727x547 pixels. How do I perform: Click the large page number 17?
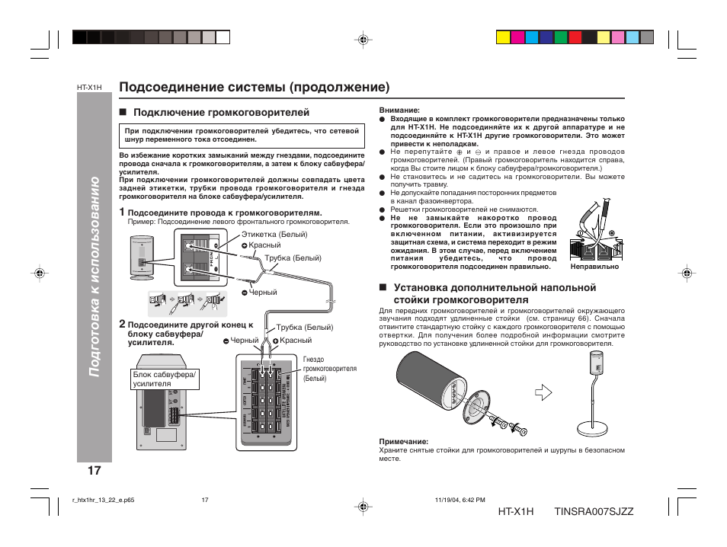pos(94,470)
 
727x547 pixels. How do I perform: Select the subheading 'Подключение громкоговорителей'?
pos(221,113)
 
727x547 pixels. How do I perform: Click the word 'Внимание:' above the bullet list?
pos(400,110)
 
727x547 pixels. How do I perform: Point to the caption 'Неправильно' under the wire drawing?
pos(594,267)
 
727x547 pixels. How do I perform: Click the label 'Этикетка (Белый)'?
pos(274,234)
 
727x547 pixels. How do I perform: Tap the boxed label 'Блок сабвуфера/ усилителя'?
pos(165,379)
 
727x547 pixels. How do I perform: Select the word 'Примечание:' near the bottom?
pos(403,441)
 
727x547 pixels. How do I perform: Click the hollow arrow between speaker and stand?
pos(542,393)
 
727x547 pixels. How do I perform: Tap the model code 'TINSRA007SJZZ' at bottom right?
pos(594,510)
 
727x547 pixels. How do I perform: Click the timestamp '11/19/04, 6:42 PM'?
pos(460,500)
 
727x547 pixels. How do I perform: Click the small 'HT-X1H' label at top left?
pos(89,88)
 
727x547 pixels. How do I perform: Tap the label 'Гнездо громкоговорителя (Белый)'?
pos(329,369)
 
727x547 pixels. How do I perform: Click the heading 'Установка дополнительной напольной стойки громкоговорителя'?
pos(495,293)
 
